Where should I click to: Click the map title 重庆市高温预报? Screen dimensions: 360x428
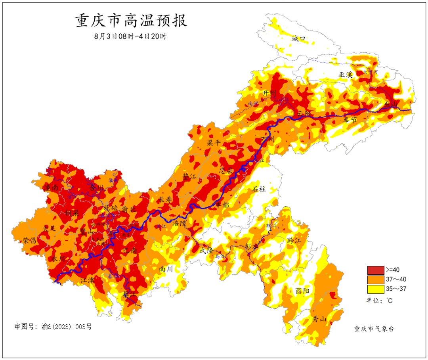coord(131,21)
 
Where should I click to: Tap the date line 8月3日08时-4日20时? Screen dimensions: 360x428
coord(130,36)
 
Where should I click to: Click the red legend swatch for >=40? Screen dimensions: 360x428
coord(375,270)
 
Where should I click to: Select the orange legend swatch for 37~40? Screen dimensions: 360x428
coord(375,280)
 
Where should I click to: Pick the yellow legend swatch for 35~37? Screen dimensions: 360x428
coord(375,289)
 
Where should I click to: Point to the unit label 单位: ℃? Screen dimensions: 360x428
coord(379,301)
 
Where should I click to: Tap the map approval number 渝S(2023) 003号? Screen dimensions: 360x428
coord(53,327)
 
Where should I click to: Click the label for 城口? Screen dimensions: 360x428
coord(299,38)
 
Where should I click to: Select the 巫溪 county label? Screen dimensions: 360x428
coord(346,75)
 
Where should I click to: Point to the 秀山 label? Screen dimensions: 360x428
coord(319,319)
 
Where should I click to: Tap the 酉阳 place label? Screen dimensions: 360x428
coord(302,291)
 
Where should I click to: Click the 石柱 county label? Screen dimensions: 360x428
coord(260,189)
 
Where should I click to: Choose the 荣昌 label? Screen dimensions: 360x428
coord(29,240)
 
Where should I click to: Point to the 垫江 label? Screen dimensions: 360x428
coord(189,176)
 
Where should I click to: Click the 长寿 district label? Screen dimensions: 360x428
coord(165,199)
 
